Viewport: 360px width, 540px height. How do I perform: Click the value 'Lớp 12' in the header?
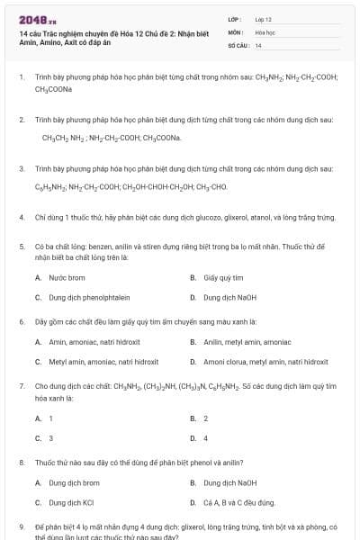pyautogui.click(x=263, y=19)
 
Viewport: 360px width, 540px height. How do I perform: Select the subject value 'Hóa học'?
pyautogui.click(x=264, y=31)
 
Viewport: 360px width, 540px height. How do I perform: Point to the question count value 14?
pyautogui.click(x=258, y=45)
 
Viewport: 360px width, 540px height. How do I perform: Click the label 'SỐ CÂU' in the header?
pyautogui.click(x=238, y=45)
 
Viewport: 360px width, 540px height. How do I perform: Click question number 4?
pyautogui.click(x=21, y=217)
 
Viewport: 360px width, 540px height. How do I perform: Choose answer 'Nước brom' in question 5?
pyautogui.click(x=67, y=278)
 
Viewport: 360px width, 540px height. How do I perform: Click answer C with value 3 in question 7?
pyautogui.click(x=50, y=438)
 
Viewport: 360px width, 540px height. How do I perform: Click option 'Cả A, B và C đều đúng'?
pyautogui.click(x=238, y=502)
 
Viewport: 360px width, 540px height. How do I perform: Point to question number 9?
pyautogui.click(x=21, y=526)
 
